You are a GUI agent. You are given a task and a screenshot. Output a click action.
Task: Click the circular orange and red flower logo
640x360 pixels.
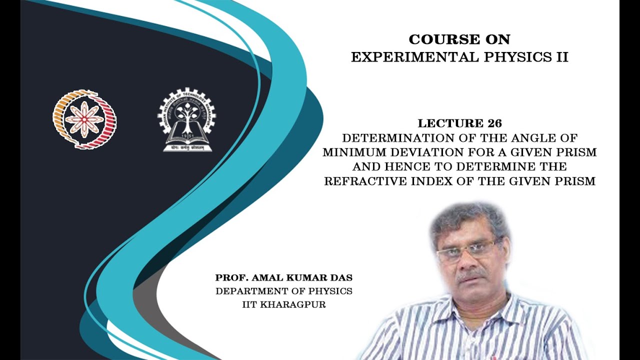click(x=84, y=119)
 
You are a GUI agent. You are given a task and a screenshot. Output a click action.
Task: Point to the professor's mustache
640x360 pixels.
click(x=471, y=274)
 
